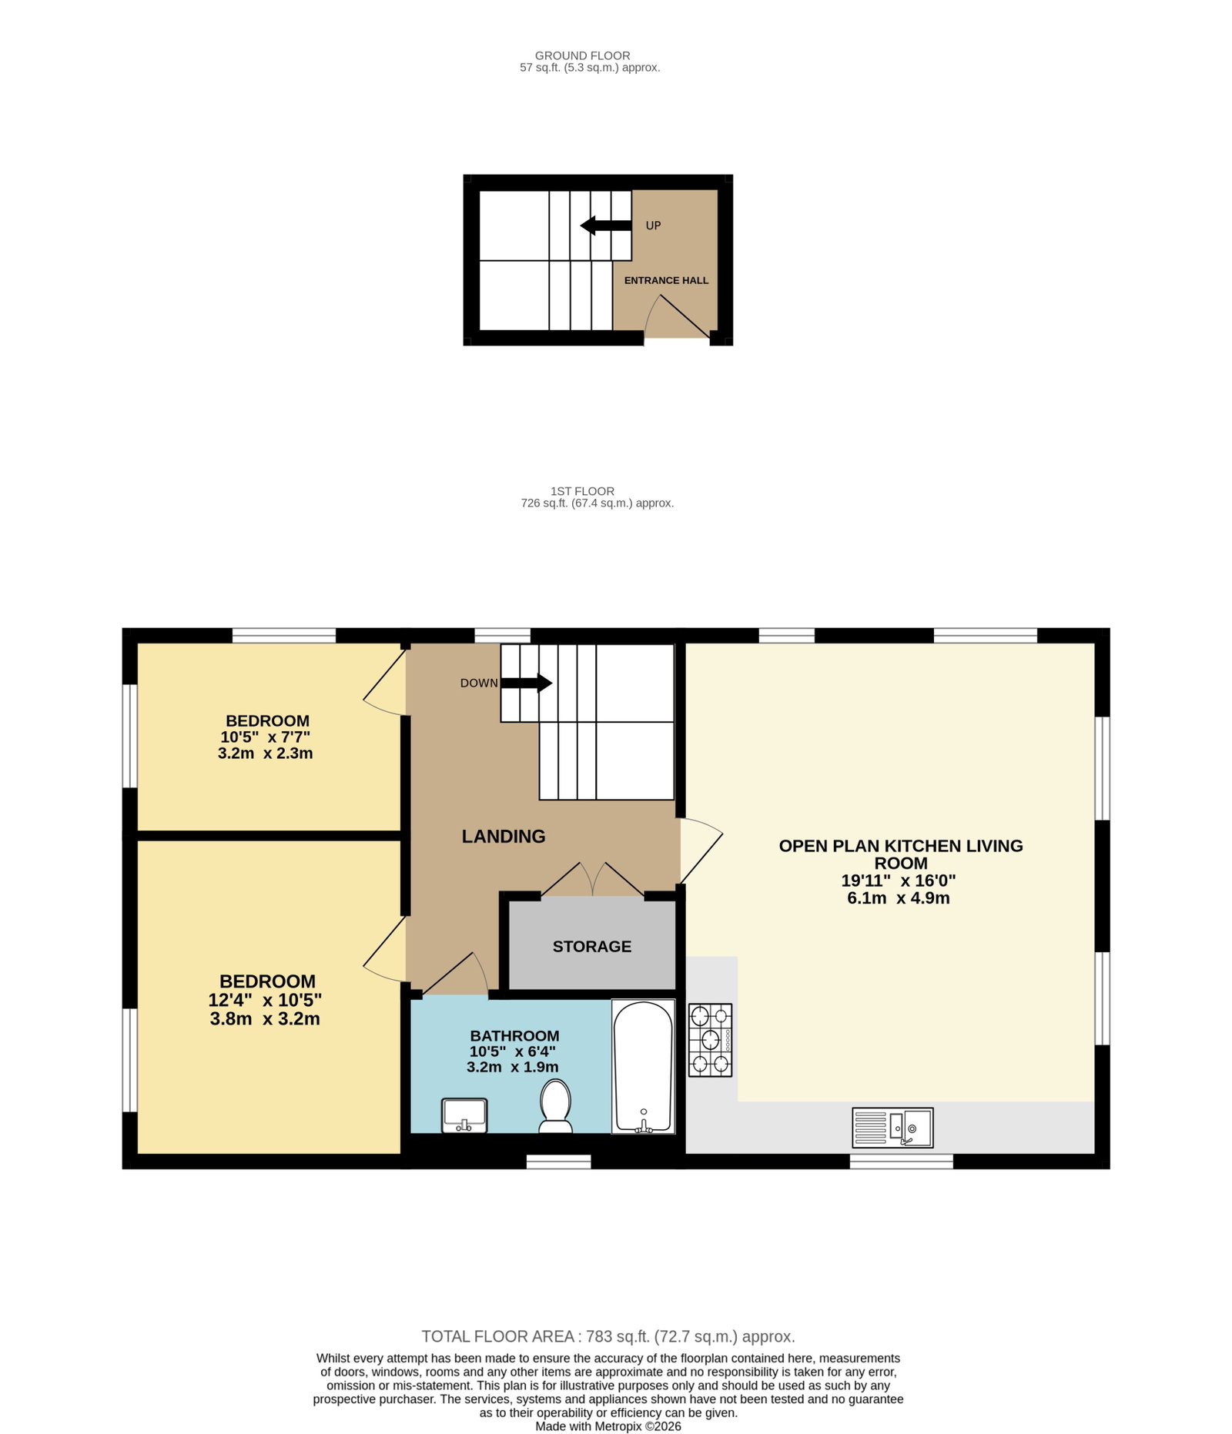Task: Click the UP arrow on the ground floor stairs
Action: [x=605, y=226]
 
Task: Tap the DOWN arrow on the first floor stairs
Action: [x=527, y=683]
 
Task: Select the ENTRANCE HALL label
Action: [x=666, y=280]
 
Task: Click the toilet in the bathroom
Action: [x=555, y=1106]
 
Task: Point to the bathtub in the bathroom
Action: [x=643, y=1066]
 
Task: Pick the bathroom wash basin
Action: [x=464, y=1115]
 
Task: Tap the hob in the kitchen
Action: [x=710, y=1040]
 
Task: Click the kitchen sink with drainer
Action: [x=892, y=1128]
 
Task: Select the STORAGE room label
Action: [x=592, y=947]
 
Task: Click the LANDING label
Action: [x=504, y=837]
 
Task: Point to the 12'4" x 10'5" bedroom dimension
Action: [x=265, y=1000]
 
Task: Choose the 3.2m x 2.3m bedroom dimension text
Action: [x=266, y=754]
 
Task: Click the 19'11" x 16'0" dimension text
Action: [x=899, y=881]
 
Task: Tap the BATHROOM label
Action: [x=514, y=1036]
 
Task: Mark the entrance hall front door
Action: [x=676, y=316]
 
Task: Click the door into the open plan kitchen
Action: [x=700, y=851]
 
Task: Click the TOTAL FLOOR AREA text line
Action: [x=608, y=1337]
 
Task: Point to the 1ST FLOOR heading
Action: [x=582, y=491]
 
